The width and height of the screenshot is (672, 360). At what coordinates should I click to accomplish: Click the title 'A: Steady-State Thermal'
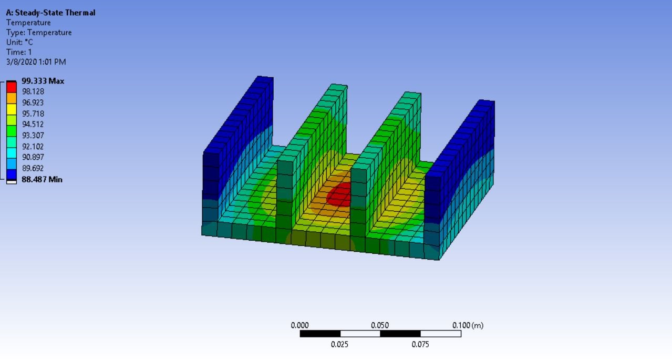click(50, 13)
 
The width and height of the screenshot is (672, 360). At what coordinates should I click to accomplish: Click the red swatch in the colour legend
click(12, 86)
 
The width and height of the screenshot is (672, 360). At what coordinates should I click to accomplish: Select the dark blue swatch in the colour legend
click(12, 173)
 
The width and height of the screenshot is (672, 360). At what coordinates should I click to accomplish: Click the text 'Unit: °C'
click(19, 42)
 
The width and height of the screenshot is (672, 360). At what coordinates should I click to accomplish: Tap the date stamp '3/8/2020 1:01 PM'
click(36, 62)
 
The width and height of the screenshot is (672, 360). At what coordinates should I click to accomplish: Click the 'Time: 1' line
click(19, 52)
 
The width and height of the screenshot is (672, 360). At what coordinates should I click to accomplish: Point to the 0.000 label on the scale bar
click(299, 325)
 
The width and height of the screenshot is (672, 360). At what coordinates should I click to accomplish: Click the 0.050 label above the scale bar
click(380, 325)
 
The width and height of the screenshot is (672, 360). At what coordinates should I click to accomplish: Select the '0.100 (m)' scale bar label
click(468, 325)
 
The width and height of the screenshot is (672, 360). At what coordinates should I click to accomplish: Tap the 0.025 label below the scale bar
click(339, 344)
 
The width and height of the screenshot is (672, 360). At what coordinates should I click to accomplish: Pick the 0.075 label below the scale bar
click(420, 344)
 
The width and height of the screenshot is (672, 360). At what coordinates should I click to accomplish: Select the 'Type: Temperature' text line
click(39, 33)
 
